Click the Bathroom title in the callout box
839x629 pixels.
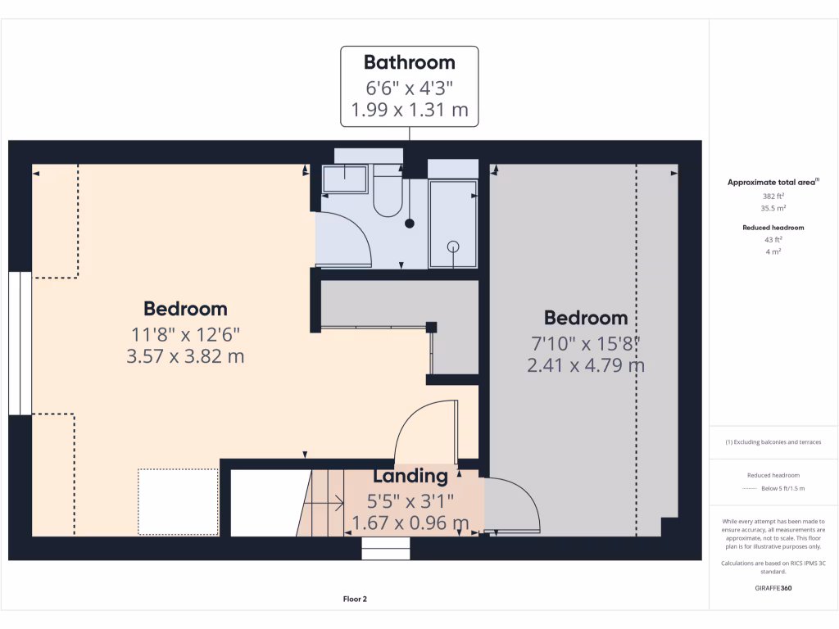(x=409, y=62)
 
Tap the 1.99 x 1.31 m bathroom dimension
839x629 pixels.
(x=409, y=110)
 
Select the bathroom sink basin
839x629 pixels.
(x=345, y=179)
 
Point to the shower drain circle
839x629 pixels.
(x=452, y=246)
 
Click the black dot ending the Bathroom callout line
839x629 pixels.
(x=410, y=223)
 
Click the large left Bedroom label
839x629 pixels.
(x=185, y=309)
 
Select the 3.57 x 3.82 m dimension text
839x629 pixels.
(x=185, y=356)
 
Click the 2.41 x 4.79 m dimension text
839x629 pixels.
(x=585, y=365)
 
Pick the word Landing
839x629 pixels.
(x=410, y=476)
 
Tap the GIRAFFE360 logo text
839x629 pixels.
(x=773, y=588)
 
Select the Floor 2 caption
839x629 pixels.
(x=355, y=600)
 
